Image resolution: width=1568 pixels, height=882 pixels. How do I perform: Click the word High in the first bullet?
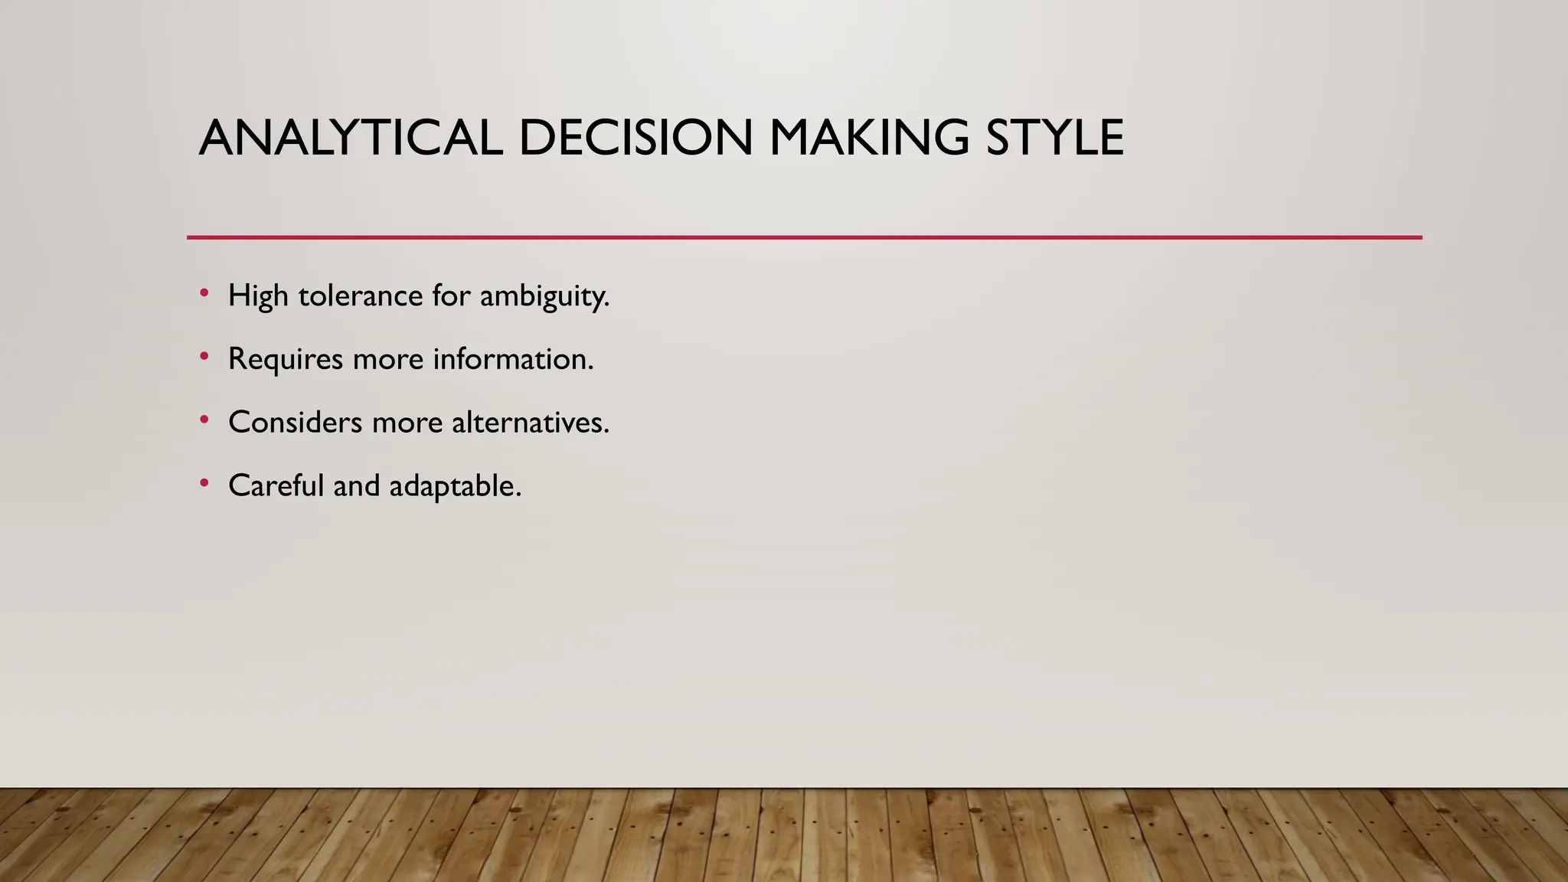point(258,296)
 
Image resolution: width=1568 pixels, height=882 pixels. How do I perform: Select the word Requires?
point(286,359)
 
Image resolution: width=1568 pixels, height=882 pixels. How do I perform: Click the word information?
point(513,359)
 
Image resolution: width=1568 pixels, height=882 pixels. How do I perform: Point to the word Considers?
point(295,423)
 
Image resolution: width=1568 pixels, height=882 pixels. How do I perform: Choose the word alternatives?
point(530,423)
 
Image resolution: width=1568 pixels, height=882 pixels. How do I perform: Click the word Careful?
point(276,486)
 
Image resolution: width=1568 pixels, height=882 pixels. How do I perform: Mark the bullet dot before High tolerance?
point(204,292)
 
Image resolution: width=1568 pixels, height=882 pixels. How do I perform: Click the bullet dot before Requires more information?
point(204,356)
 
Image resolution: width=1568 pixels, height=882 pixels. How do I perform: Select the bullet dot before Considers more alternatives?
point(204,420)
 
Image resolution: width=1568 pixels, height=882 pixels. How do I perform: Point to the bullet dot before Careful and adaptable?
point(204,483)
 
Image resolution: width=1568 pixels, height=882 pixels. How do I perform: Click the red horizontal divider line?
point(804,237)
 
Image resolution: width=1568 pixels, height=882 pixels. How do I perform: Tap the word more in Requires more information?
point(387,360)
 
